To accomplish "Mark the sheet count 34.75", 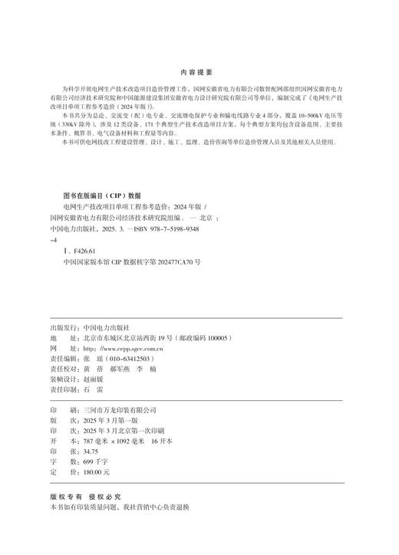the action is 95,452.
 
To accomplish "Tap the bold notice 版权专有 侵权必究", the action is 84,497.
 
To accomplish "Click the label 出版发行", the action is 63,327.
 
